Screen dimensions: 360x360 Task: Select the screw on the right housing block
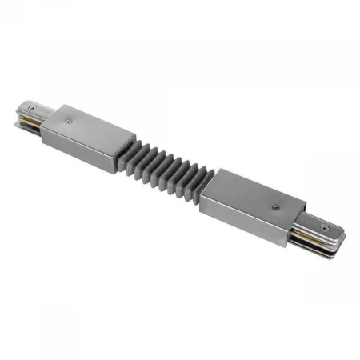pos(277,206)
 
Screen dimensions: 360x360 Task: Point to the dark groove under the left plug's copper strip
pos(30,125)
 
